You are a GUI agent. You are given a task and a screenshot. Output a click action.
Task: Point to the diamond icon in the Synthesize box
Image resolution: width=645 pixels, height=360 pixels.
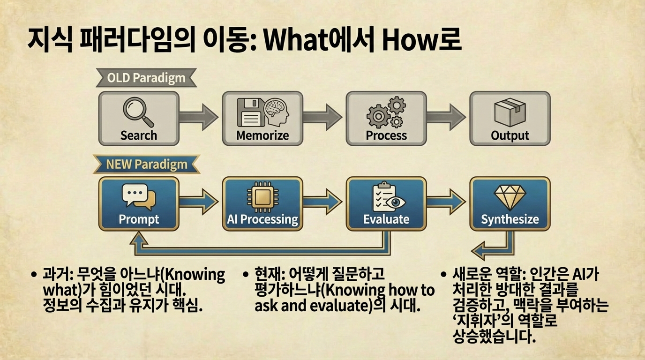click(510, 197)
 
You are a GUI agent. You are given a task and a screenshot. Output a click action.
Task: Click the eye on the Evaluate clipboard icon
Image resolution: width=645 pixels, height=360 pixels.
click(395, 202)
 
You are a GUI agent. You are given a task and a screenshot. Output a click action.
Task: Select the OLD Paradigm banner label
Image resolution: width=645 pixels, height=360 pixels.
click(146, 78)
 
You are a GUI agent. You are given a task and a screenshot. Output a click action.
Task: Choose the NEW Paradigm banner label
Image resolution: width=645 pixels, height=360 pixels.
click(147, 165)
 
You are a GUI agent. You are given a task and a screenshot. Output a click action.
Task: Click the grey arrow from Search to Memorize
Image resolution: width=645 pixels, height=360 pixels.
click(198, 117)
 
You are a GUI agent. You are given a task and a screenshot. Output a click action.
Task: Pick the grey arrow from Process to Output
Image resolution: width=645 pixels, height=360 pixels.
click(446, 117)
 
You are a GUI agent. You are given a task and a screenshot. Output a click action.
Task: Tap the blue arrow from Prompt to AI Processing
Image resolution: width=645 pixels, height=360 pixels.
click(198, 202)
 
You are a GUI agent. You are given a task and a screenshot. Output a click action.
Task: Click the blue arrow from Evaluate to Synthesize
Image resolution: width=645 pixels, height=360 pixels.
click(446, 202)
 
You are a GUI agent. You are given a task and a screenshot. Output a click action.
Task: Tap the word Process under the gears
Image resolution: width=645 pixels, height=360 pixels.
click(386, 135)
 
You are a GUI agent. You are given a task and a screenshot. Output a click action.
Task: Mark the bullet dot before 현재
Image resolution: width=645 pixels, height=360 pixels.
click(245, 274)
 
